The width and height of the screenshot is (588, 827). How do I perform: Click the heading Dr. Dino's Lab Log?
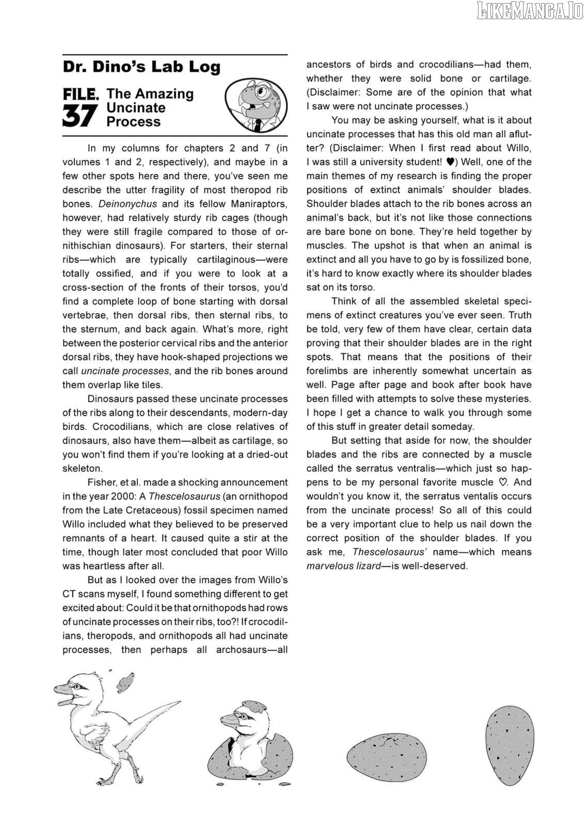(x=141, y=67)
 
